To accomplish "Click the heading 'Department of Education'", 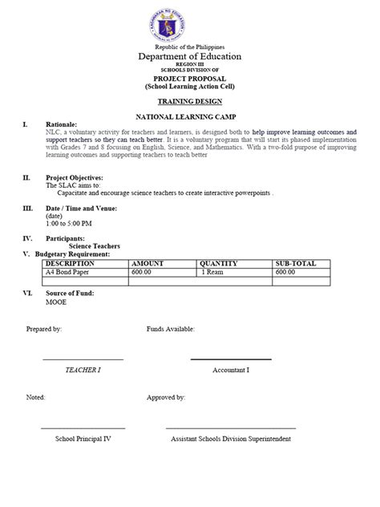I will tap(190, 57).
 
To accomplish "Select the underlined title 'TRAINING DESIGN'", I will tap(190, 103).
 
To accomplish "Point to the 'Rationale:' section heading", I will tap(62, 125).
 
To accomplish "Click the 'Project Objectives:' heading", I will tap(75, 177).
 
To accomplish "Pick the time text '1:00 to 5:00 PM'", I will tap(69, 223).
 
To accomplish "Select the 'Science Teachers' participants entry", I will tap(95, 246).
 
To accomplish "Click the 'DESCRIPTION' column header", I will tap(71, 263).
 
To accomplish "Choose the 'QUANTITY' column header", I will tap(220, 263).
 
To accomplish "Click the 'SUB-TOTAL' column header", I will tap(296, 263).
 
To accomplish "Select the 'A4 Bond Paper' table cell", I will tap(68, 272).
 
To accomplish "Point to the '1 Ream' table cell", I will tap(212, 272).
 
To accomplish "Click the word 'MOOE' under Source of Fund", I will tap(57, 303).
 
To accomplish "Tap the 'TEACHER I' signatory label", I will tap(83, 370).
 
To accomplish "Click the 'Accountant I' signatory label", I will tap(231, 370).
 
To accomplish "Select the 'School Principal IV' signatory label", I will tap(83, 439).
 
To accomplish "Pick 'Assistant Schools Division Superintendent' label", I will tap(231, 439).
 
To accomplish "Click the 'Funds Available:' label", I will tap(170, 330).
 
